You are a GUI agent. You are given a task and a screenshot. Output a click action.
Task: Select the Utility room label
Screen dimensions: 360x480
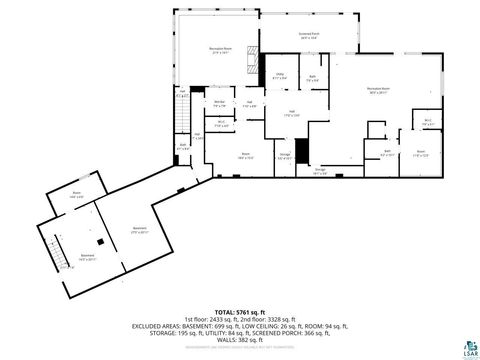(x=281, y=75)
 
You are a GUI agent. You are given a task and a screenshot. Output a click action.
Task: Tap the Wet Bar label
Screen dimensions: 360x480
(x=219, y=102)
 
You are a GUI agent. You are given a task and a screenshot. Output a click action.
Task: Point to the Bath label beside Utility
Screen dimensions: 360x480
(x=313, y=78)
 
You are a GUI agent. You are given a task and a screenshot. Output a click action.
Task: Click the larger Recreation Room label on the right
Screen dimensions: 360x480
(x=379, y=90)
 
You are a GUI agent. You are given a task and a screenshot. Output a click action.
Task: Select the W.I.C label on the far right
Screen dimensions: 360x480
(x=427, y=121)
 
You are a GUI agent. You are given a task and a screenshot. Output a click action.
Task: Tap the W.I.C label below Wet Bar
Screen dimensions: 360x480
(x=221, y=123)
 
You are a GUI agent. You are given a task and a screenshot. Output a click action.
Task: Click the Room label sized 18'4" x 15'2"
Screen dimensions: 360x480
(x=244, y=155)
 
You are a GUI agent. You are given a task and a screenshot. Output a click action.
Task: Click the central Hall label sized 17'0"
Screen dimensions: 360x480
(x=291, y=112)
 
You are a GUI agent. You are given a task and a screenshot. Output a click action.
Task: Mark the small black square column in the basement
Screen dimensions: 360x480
(x=100, y=241)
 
